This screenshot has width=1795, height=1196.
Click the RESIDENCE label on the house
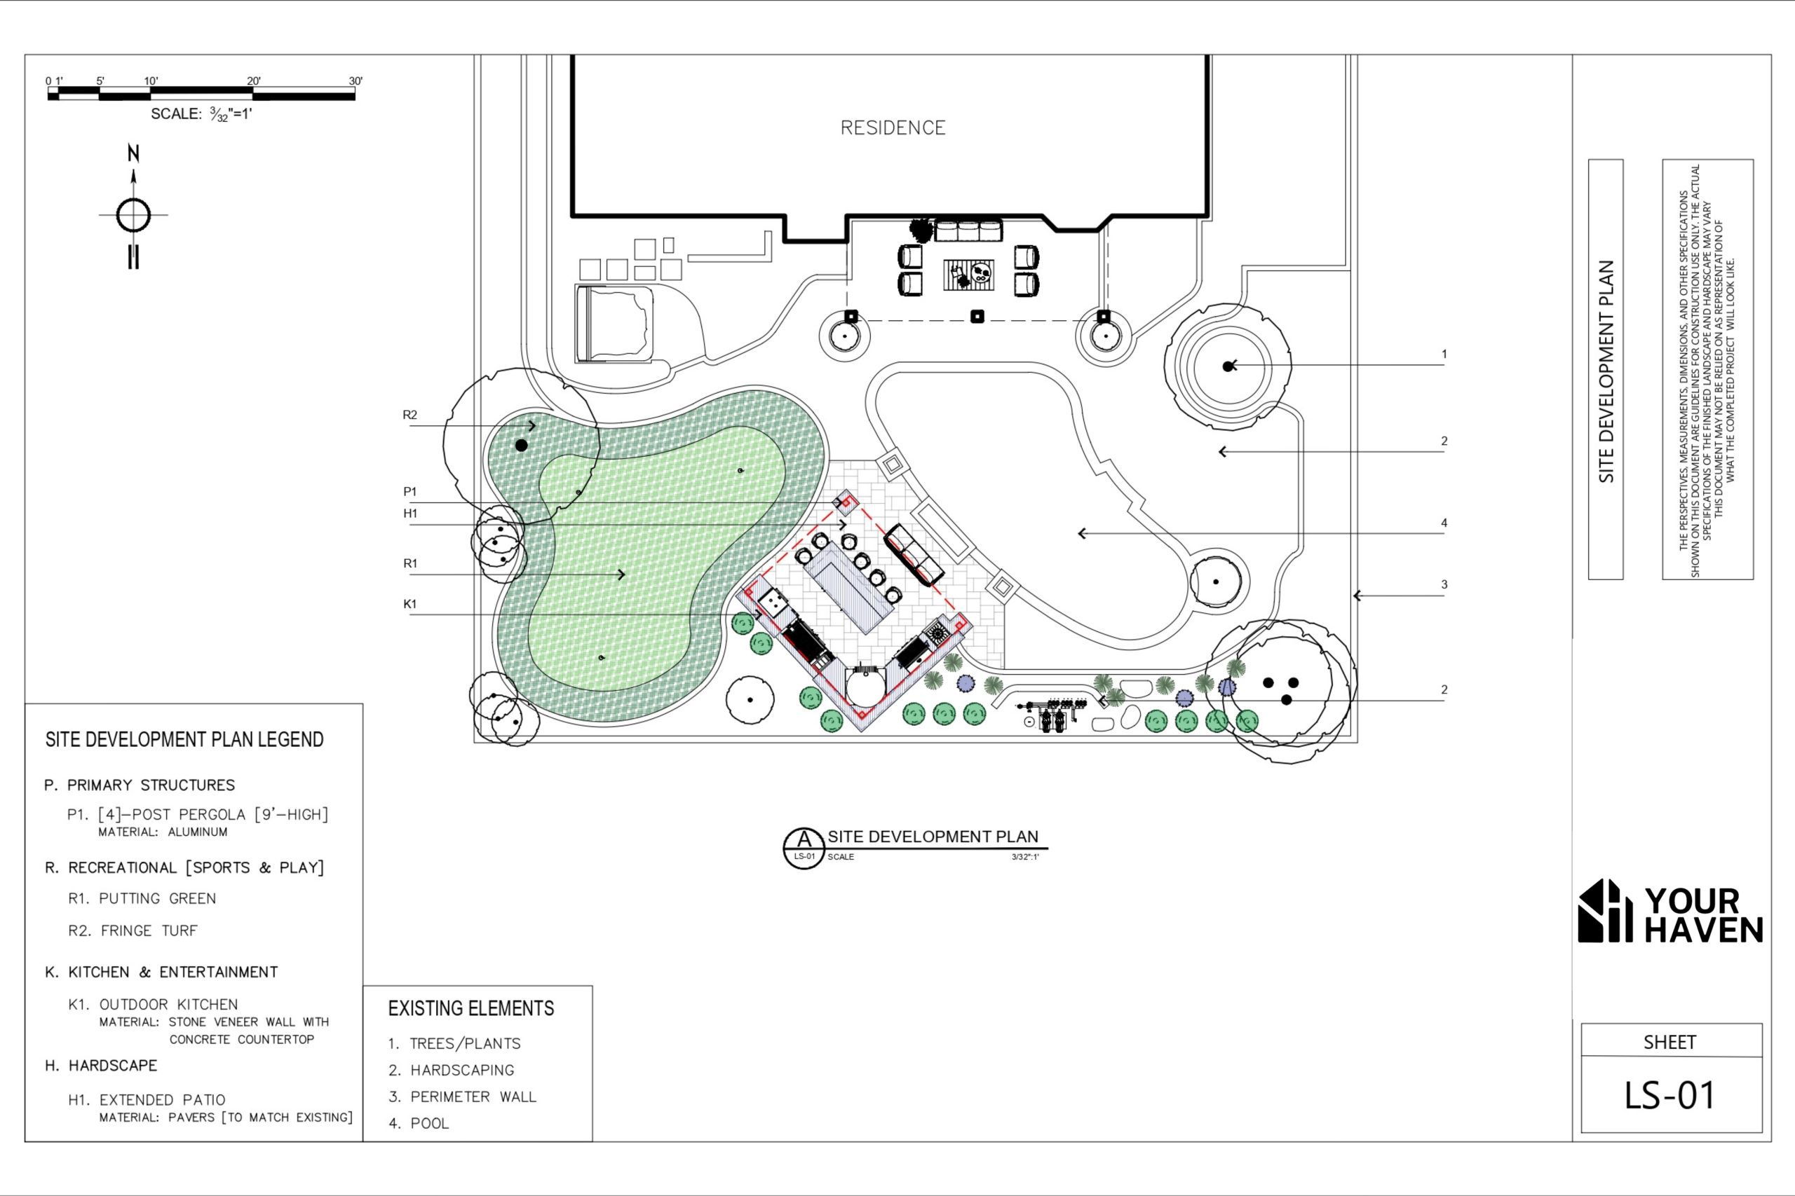point(893,128)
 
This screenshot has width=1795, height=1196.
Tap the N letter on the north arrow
point(133,153)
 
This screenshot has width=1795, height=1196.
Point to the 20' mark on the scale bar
point(253,81)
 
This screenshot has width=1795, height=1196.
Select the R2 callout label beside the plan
point(409,415)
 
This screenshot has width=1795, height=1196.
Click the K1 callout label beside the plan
point(409,604)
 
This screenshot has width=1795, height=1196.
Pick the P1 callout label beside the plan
point(409,492)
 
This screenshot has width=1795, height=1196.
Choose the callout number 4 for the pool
point(1444,523)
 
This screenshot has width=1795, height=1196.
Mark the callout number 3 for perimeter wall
point(1444,585)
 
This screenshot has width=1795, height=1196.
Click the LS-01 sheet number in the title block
point(1669,1096)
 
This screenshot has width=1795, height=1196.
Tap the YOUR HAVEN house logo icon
point(1605,912)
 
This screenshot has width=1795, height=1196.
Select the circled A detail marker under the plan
point(804,847)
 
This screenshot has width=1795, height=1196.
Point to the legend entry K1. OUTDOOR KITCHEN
point(153,1005)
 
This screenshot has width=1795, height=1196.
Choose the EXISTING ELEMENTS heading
point(471,1008)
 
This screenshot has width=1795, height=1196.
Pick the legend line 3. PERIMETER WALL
point(463,1097)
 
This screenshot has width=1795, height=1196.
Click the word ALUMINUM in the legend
point(198,832)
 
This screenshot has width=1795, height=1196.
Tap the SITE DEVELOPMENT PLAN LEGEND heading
point(184,739)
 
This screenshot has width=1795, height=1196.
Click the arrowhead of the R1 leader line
point(622,575)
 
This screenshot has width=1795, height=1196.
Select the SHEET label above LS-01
point(1669,1043)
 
